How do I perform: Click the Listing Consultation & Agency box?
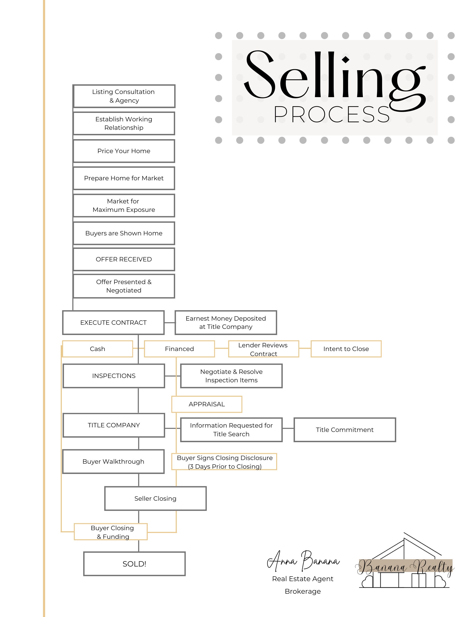pyautogui.click(x=124, y=96)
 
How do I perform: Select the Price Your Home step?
pyautogui.click(x=124, y=151)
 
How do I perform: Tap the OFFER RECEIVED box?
pyautogui.click(x=124, y=259)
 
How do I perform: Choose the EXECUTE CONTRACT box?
pyautogui.click(x=113, y=322)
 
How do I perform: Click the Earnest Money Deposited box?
pyautogui.click(x=225, y=322)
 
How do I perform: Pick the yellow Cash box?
pyautogui.click(x=97, y=349)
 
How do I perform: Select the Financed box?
pyautogui.click(x=179, y=349)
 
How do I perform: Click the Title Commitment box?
pyautogui.click(x=345, y=430)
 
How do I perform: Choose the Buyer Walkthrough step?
pyautogui.click(x=113, y=461)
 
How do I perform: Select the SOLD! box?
pyautogui.click(x=134, y=564)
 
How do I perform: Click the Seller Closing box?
pyautogui.click(x=155, y=498)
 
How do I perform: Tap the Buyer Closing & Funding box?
pyautogui.click(x=111, y=532)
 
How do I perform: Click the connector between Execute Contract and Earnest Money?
pyautogui.click(x=170, y=323)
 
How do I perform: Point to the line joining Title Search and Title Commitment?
pyautogui.click(x=288, y=428)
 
